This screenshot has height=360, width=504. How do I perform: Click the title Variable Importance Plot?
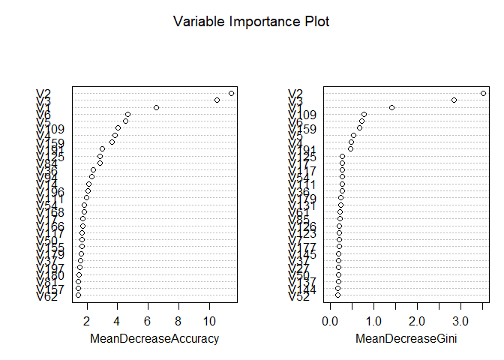click(251, 22)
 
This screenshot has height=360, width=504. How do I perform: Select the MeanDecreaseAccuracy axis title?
click(154, 340)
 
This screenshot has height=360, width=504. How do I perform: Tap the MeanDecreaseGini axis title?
click(406, 340)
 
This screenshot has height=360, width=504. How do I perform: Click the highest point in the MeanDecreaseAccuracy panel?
click(231, 93)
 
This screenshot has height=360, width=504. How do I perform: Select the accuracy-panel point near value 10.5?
click(217, 100)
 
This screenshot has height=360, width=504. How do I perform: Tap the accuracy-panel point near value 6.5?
click(156, 107)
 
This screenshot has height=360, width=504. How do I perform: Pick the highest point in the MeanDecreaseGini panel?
click(483, 93)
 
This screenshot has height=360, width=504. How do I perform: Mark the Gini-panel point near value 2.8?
click(454, 100)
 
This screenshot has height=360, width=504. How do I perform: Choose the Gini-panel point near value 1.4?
click(391, 107)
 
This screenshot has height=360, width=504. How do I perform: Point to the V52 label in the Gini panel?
click(300, 296)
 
